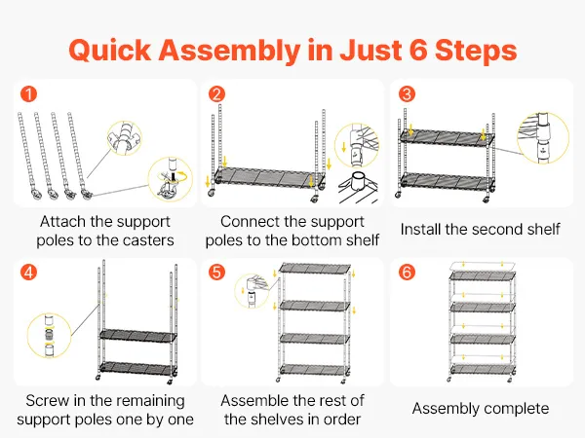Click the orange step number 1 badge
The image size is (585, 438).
coord(29,95)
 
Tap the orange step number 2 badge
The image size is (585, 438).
coord(217,95)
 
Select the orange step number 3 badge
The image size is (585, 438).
coord(405,95)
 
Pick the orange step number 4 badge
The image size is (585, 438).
coord(29,273)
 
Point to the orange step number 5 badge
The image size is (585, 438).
coord(217,273)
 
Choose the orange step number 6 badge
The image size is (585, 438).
coord(406,273)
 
